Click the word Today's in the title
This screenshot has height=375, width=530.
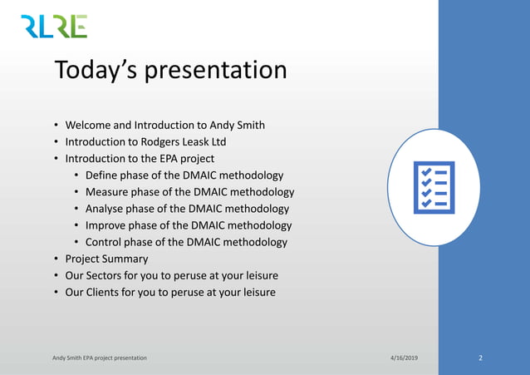[x=96, y=70]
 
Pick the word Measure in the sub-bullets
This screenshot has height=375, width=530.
[x=108, y=192]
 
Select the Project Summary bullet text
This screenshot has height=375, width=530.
[x=106, y=259]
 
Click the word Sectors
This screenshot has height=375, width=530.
[x=107, y=275]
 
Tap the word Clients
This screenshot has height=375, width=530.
[x=106, y=292]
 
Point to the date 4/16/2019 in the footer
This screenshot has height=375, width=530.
[x=404, y=358]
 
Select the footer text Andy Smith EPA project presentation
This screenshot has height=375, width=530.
[x=100, y=358]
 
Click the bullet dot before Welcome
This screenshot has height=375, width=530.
[x=56, y=126]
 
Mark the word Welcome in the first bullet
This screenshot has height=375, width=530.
[x=89, y=126]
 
